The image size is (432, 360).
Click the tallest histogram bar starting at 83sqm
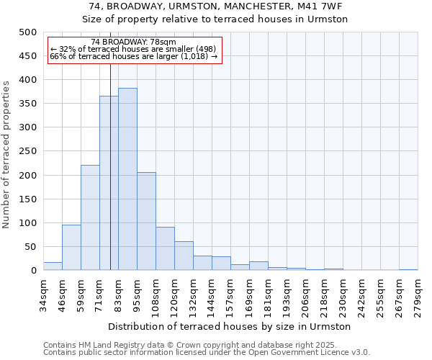coord(127,179)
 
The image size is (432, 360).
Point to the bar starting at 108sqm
coord(165,248)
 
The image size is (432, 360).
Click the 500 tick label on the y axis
coord(27,32)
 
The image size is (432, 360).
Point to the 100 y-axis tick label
coord(27,223)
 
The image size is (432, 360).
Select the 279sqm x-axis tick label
coord(418,295)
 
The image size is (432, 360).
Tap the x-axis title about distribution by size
coord(230,326)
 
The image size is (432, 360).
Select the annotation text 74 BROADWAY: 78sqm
coord(134,42)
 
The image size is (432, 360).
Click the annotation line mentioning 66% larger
coord(134,56)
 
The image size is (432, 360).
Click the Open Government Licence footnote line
coord(207,352)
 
